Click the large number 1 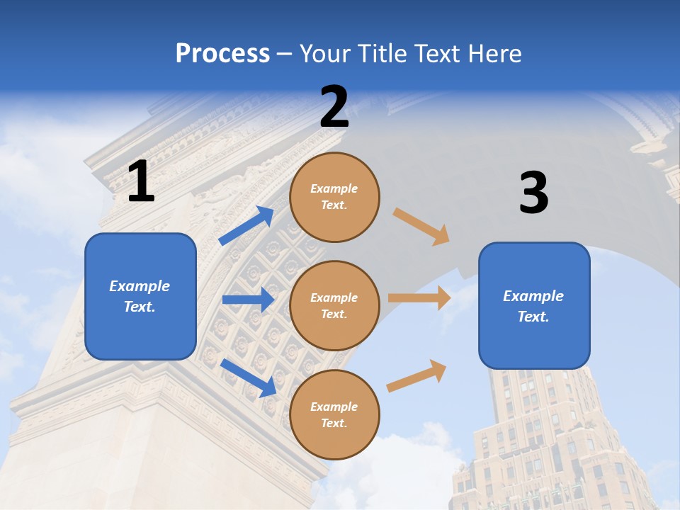pyautogui.click(x=141, y=181)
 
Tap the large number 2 pyautogui.click(x=334, y=108)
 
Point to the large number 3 pyautogui.click(x=533, y=193)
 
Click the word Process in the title pyautogui.click(x=222, y=53)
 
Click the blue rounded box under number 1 pyautogui.click(x=140, y=296)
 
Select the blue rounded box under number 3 pyautogui.click(x=534, y=306)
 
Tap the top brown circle pyautogui.click(x=334, y=197)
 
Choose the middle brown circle pyautogui.click(x=334, y=306)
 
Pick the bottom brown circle pyautogui.click(x=334, y=415)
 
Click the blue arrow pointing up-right pyautogui.click(x=246, y=226)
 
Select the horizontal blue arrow pyautogui.click(x=248, y=300)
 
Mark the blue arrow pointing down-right pyautogui.click(x=249, y=378)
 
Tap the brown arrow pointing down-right pyautogui.click(x=421, y=227)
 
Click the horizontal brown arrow pyautogui.click(x=419, y=298)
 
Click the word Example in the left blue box pyautogui.click(x=140, y=286)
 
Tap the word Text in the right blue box pyautogui.click(x=533, y=317)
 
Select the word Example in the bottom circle pyautogui.click(x=334, y=407)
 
